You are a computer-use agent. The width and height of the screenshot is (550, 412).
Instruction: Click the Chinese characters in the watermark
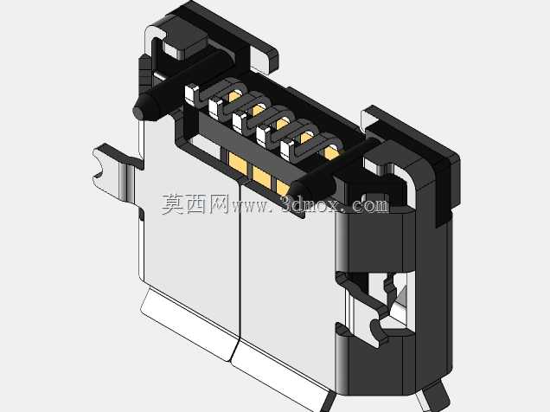tap(195, 204)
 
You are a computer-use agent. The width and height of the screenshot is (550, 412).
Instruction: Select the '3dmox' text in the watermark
tap(310, 204)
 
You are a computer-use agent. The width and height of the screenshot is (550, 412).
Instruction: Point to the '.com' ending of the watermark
tap(368, 205)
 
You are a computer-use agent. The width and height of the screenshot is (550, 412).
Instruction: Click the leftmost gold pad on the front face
tap(238, 163)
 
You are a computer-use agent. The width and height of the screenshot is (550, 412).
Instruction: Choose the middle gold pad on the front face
tap(261, 177)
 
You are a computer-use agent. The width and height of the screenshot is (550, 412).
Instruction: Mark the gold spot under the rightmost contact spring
tap(331, 152)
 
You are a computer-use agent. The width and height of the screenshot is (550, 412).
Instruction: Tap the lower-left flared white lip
tap(188, 323)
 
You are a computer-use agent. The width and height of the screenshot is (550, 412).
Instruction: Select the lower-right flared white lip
tap(280, 376)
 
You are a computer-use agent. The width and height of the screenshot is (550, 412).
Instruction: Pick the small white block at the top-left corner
tap(175, 51)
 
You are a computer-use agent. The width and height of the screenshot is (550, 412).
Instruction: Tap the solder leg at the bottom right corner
tap(433, 396)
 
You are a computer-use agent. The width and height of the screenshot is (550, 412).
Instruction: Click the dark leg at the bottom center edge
tap(328, 402)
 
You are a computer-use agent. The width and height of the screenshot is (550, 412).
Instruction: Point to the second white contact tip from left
tap(215, 107)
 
